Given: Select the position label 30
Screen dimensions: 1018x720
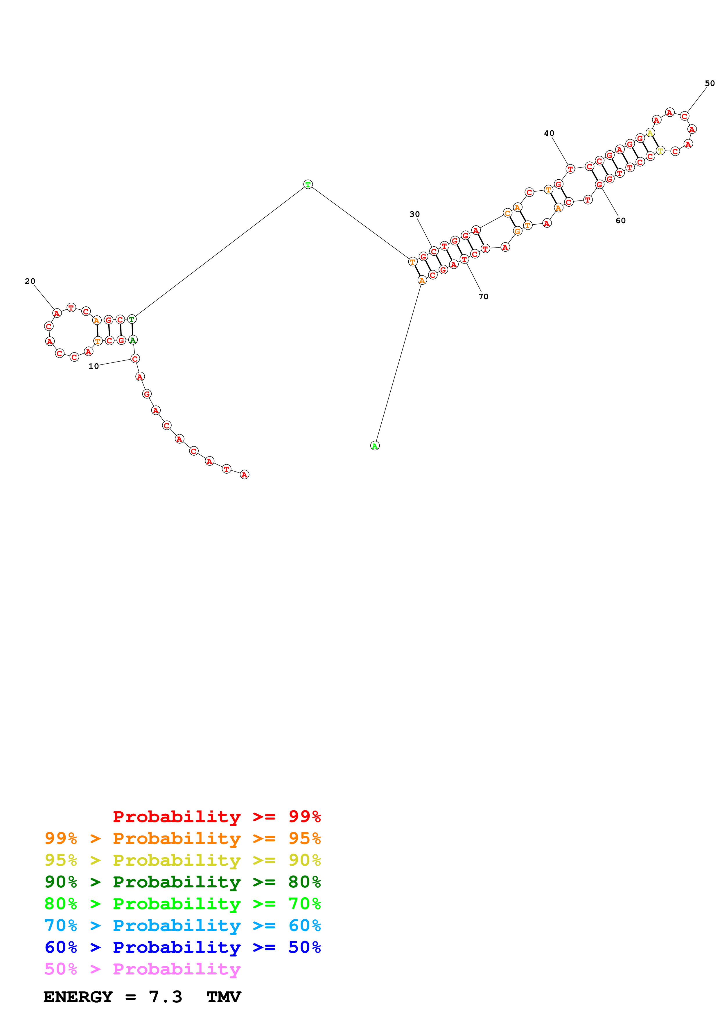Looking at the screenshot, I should (x=414, y=214).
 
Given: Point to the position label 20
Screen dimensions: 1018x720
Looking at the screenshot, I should (x=30, y=281).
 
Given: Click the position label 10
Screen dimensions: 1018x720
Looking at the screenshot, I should (x=93, y=366).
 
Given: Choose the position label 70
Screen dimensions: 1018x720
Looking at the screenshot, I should (x=483, y=297).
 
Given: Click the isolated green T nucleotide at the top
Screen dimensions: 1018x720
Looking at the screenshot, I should (x=308, y=184).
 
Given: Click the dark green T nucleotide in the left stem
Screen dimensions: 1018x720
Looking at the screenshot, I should (x=132, y=319).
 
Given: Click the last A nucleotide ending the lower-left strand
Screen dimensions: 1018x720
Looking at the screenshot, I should (x=245, y=474).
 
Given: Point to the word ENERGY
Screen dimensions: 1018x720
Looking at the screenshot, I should (x=78, y=997).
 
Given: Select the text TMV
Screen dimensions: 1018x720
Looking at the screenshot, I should (x=224, y=997).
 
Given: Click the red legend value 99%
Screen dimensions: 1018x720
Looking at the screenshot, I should (x=304, y=816).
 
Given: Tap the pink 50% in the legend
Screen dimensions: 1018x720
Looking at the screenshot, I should (x=61, y=969).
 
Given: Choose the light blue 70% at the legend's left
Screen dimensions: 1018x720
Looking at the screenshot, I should (x=61, y=925).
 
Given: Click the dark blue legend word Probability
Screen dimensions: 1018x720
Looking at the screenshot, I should (x=177, y=947).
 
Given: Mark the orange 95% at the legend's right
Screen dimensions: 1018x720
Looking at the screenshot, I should (x=304, y=838).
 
